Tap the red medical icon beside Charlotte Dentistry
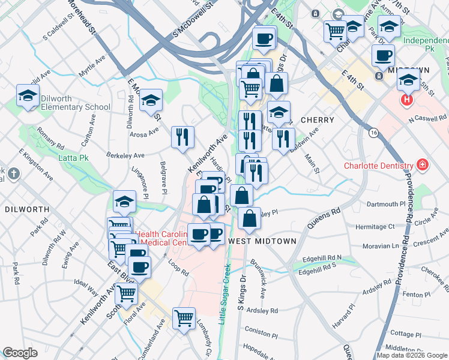(423, 164)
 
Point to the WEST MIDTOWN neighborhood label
(262, 241)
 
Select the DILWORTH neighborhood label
(26, 209)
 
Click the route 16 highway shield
(374, 133)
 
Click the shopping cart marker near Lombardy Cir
(184, 317)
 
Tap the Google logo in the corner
(20, 353)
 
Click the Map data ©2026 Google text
(412, 355)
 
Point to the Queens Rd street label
(324, 218)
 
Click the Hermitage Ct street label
(375, 227)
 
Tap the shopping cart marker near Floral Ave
(127, 293)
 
